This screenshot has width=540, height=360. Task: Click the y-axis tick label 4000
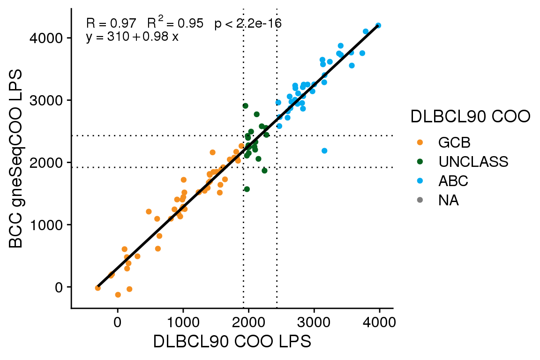click(46, 38)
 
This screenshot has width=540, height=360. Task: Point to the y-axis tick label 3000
click(46, 100)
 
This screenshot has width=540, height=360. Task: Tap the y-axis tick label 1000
click(46, 225)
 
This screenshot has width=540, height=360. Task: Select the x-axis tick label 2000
click(248, 322)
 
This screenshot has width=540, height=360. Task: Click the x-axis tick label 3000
click(314, 322)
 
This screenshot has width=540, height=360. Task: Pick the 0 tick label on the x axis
click(118, 322)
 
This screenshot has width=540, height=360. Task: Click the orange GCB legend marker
click(420, 142)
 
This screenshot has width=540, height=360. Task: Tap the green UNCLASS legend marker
click(420, 161)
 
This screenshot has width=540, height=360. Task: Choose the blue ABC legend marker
click(420, 181)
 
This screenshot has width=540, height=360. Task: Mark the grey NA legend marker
click(420, 201)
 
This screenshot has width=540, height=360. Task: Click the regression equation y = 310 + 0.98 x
click(132, 37)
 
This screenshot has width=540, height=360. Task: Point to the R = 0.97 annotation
click(111, 23)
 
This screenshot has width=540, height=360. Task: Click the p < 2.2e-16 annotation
click(247, 23)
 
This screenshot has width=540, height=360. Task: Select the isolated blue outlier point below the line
click(324, 150)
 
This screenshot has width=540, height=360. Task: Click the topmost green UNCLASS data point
click(245, 106)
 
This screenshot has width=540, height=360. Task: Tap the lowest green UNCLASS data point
click(247, 189)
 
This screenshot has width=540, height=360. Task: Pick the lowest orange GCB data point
click(118, 294)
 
